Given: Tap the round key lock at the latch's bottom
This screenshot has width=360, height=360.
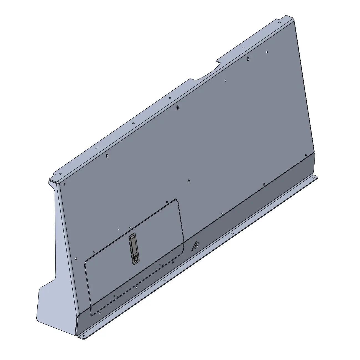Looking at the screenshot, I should pyautogui.click(x=136, y=258).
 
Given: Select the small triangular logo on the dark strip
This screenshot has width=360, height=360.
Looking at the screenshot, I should pyautogui.click(x=196, y=245).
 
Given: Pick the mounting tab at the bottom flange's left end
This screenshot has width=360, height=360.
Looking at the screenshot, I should pyautogui.click(x=82, y=336).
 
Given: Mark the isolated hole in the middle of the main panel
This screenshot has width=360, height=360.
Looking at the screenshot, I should pyautogui.click(x=189, y=180).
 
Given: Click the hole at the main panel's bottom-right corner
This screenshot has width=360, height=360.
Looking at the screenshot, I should pyautogui.click(x=306, y=155).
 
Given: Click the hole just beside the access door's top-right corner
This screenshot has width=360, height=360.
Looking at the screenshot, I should pyautogui.click(x=167, y=202).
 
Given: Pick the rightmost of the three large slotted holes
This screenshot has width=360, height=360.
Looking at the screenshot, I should pyautogui.click(x=248, y=58).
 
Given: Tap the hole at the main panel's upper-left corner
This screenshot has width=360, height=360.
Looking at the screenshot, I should pyautogui.click(x=64, y=184).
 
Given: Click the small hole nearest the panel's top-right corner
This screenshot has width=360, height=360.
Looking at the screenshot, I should pyautogui.click(x=267, y=52).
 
